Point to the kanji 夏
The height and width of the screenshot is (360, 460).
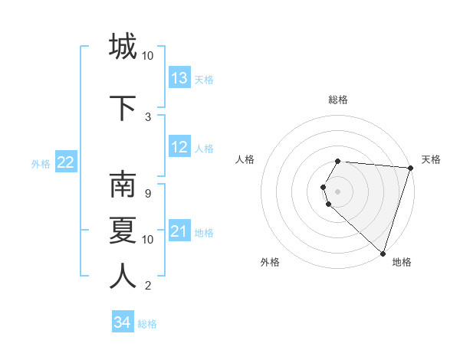(123, 231)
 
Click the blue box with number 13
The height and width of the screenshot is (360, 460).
(179, 78)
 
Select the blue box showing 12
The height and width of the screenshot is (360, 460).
(179, 148)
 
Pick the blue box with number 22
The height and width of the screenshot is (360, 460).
(66, 162)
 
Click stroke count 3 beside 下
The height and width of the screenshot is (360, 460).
(148, 116)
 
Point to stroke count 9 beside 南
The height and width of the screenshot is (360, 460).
(147, 193)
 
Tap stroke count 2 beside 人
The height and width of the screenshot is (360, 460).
(147, 286)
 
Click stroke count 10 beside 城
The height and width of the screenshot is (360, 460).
(148, 56)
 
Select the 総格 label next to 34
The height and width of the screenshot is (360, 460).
(147, 324)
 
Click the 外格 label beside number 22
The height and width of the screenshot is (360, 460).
(41, 163)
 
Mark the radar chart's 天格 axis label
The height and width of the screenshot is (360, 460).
(431, 159)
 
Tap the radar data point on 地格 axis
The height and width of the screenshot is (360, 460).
(383, 254)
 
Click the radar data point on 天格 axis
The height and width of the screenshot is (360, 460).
(410, 168)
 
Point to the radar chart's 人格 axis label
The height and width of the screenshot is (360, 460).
(245, 159)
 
